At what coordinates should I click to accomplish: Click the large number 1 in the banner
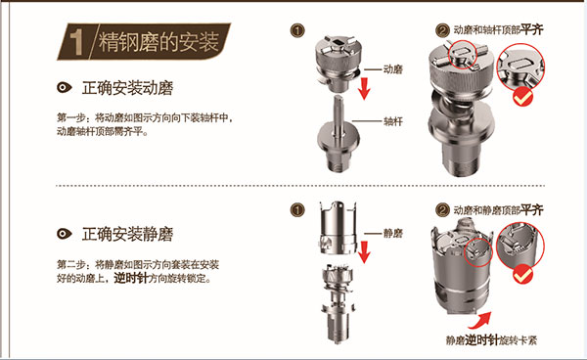[76, 42]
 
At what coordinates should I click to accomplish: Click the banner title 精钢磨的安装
[158, 41]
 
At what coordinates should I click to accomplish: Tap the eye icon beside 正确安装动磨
[64, 88]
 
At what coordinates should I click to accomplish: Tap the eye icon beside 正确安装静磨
[64, 234]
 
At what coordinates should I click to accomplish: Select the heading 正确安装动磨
[127, 88]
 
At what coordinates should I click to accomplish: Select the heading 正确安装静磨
[127, 235]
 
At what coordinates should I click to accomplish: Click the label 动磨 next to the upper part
[392, 69]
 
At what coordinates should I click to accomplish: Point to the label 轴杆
[392, 121]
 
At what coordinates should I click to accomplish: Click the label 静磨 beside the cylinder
[392, 234]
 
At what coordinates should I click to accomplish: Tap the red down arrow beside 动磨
[364, 88]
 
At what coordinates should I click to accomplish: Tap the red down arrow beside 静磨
[364, 252]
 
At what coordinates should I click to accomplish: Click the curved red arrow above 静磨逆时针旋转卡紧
[480, 320]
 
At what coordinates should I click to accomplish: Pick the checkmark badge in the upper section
[522, 97]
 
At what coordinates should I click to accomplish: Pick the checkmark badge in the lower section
[522, 274]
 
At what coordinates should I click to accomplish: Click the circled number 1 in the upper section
[297, 30]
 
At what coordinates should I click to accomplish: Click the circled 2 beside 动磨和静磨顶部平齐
[442, 210]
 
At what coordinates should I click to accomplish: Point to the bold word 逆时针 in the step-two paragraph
[130, 278]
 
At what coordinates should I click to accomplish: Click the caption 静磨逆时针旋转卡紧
[491, 339]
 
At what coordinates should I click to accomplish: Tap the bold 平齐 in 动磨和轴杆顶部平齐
[531, 29]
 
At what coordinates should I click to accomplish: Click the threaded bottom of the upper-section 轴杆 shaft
[339, 161]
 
